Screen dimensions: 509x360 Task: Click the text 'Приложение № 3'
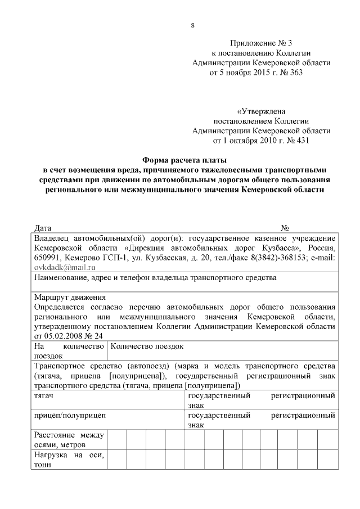[262, 43]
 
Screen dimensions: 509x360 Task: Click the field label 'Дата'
[43, 228]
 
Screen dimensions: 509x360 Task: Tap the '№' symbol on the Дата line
[285, 228]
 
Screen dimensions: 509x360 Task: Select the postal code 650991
[48, 257]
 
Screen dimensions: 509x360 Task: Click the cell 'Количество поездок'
[147, 346]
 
